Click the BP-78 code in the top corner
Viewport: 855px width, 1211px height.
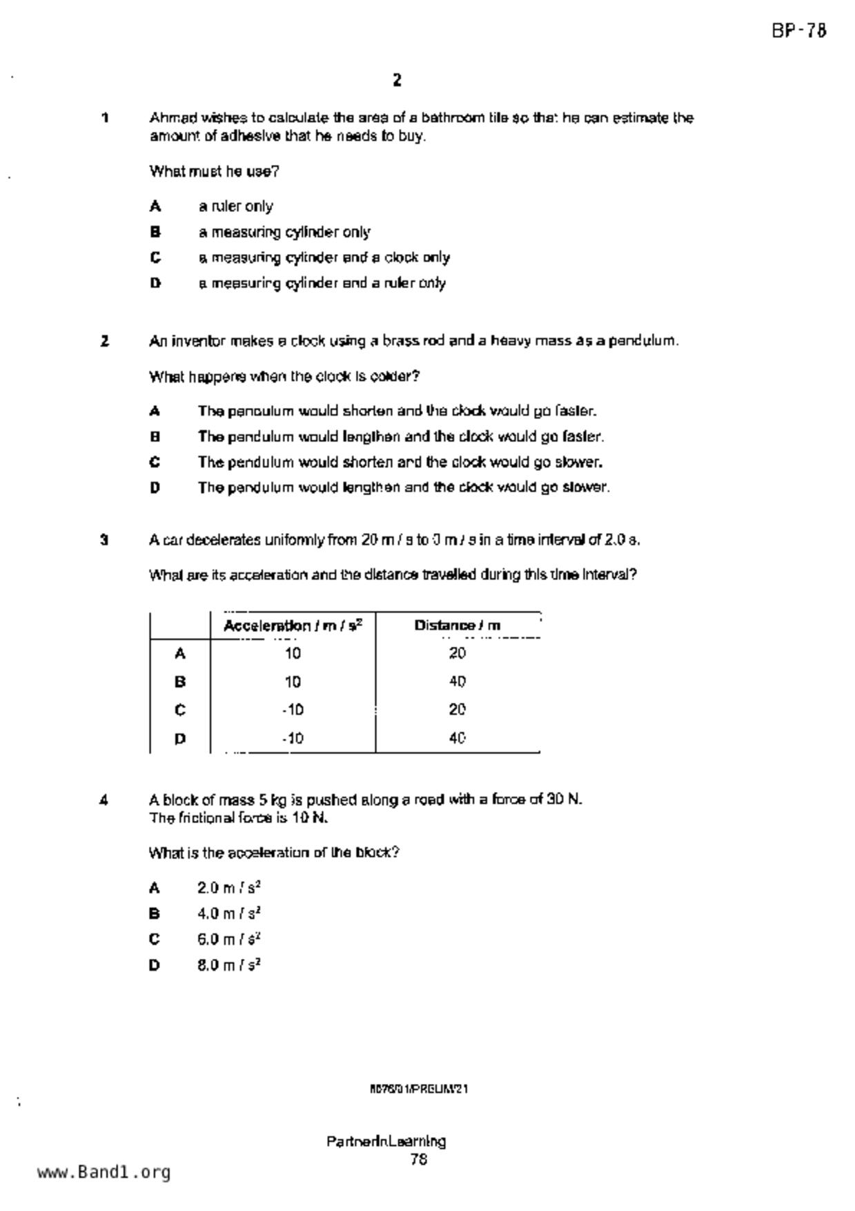798,31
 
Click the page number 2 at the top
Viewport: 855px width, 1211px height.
397,81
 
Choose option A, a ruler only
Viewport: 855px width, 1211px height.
235,206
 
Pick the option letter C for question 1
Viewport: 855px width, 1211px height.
156,258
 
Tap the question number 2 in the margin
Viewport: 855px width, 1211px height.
104,341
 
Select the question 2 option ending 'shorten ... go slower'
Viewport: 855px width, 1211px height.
400,462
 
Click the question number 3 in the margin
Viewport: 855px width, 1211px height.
104,540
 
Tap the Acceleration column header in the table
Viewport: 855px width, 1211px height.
293,626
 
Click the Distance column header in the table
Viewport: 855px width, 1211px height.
457,626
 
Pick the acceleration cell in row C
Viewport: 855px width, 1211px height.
293,710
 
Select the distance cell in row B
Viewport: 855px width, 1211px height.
457,682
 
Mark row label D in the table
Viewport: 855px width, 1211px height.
180,739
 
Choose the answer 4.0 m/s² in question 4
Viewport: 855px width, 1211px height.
228,913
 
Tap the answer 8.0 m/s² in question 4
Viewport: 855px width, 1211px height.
228,965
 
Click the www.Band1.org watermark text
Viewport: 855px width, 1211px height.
104,1172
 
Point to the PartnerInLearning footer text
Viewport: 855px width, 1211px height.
386,1141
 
